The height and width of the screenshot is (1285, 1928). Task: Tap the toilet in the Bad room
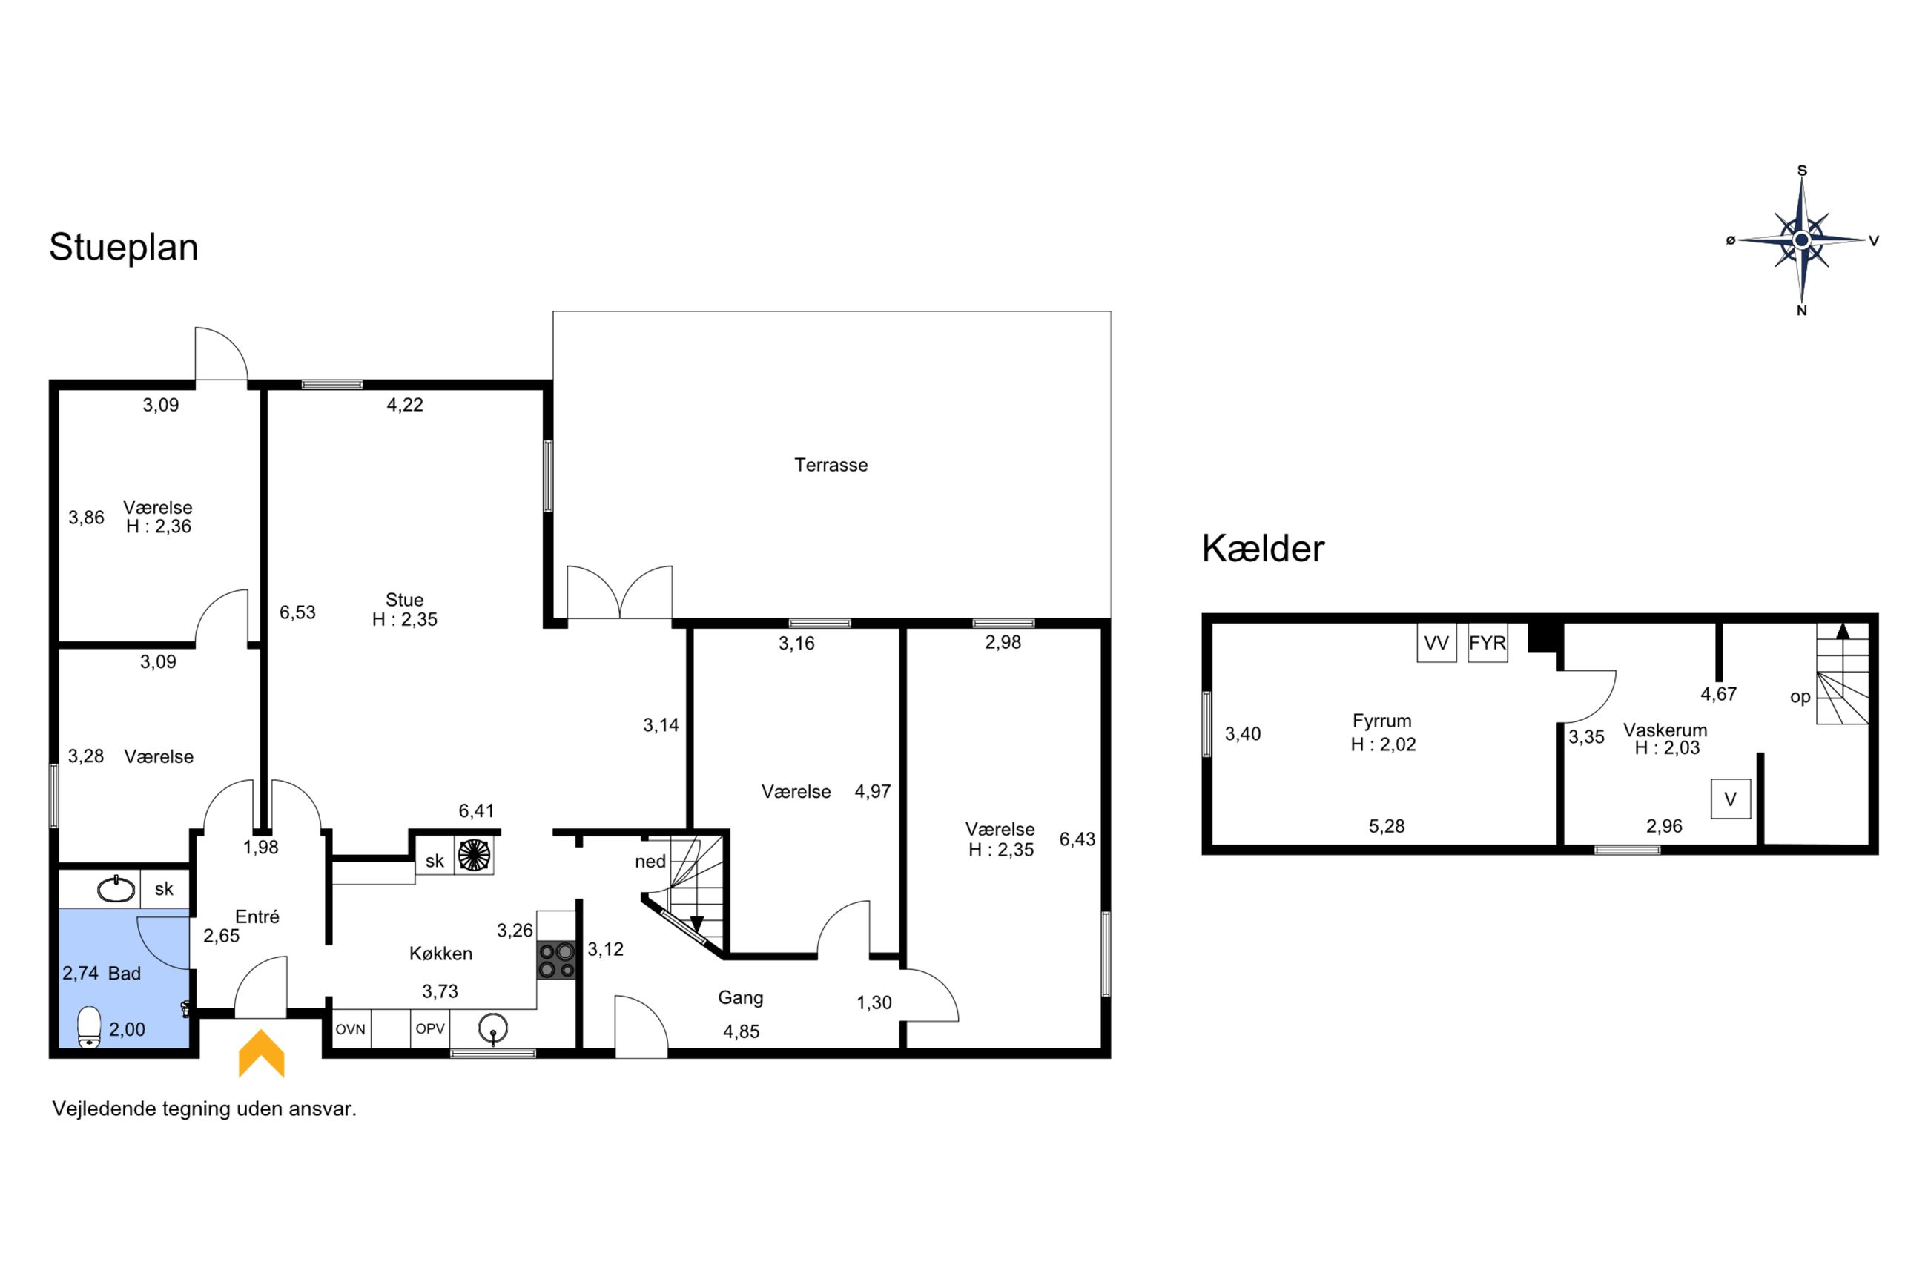pyautogui.click(x=89, y=1027)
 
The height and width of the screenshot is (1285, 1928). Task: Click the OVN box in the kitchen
pyautogui.click(x=351, y=1029)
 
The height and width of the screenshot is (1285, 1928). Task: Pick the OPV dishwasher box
pyautogui.click(x=430, y=1029)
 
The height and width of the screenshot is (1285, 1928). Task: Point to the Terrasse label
pyautogui.click(x=831, y=465)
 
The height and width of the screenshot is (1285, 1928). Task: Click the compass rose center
pyautogui.click(x=1802, y=240)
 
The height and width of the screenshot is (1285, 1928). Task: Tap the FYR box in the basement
pyautogui.click(x=1488, y=642)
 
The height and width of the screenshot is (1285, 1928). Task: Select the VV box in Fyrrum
pyautogui.click(x=1436, y=642)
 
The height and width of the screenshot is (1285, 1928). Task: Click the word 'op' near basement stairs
pyautogui.click(x=1800, y=696)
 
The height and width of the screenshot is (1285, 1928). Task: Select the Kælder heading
pyautogui.click(x=1263, y=548)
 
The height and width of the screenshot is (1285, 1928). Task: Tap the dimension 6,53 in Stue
pyautogui.click(x=297, y=612)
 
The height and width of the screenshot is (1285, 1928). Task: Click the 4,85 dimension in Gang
pyautogui.click(x=742, y=1031)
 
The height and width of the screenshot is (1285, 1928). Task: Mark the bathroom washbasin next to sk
pyautogui.click(x=116, y=889)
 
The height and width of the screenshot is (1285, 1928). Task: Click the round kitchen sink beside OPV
pyautogui.click(x=493, y=1028)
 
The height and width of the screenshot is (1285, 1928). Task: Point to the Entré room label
pyautogui.click(x=257, y=917)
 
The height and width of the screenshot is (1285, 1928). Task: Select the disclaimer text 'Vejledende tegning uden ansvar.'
pyautogui.click(x=205, y=1109)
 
